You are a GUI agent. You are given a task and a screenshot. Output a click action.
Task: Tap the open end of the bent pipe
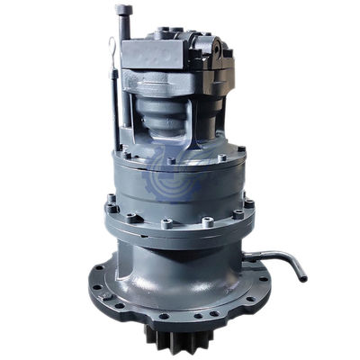point(301,276)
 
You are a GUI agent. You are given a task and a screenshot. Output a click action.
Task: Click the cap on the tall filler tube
point(122,11)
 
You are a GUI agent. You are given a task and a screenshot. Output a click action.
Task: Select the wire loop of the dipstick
point(111,49)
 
